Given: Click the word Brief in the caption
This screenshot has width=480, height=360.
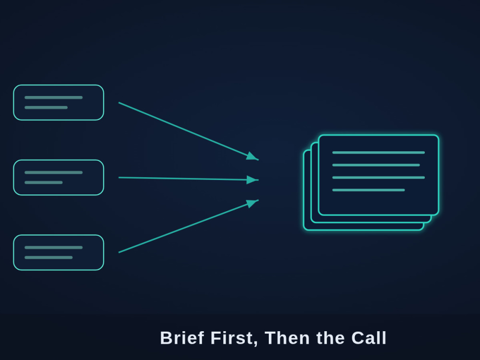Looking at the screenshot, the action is (x=182, y=338).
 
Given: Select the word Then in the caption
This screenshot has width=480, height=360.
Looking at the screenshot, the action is (x=287, y=338).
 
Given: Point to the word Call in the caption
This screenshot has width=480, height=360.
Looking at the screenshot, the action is (x=369, y=338).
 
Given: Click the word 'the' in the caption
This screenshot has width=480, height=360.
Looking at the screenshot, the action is (x=330, y=338).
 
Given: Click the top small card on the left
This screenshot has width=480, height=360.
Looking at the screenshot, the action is (x=59, y=103).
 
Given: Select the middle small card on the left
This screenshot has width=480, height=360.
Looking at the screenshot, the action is (x=59, y=178).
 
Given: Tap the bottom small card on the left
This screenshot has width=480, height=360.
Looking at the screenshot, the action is (x=59, y=252).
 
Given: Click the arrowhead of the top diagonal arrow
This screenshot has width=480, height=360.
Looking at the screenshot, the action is (x=252, y=156).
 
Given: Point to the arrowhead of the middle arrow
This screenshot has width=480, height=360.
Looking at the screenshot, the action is (x=252, y=180).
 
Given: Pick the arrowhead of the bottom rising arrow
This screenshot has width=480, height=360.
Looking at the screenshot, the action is (x=252, y=203).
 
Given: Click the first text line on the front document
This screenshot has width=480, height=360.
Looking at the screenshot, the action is (x=378, y=153).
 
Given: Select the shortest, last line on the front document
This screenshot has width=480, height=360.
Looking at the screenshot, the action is (x=369, y=190).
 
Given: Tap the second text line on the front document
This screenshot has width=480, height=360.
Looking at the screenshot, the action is (x=376, y=165).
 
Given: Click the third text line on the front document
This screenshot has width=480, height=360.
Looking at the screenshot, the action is (x=378, y=178).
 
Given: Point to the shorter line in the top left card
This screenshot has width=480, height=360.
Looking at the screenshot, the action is (x=46, y=108).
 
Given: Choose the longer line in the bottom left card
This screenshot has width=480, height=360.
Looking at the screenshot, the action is (x=54, y=247).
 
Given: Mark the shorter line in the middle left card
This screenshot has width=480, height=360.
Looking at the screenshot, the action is (x=44, y=182).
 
